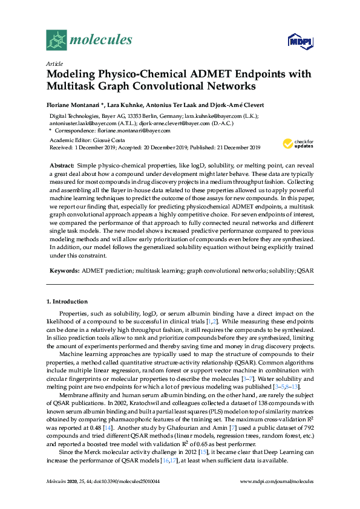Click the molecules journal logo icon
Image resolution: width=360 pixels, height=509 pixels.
click(x=56, y=39)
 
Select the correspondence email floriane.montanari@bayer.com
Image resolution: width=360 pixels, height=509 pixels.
click(x=131, y=130)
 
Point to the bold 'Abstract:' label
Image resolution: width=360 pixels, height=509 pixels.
click(x=62, y=165)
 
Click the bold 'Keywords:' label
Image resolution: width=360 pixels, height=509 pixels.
click(x=64, y=271)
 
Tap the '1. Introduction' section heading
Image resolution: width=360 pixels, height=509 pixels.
click(x=67, y=301)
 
